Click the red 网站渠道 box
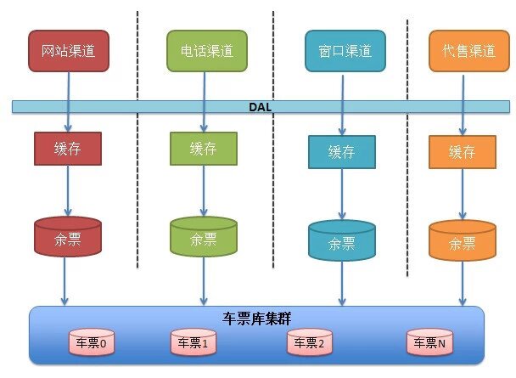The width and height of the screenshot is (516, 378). [x=68, y=51]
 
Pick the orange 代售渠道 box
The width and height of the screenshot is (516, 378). [x=462, y=51]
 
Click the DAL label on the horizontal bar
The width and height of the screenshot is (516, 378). [x=258, y=107]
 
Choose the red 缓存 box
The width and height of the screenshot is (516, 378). [x=68, y=148]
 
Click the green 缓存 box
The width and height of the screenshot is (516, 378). [x=204, y=148]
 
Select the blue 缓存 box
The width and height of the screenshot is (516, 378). [x=342, y=153]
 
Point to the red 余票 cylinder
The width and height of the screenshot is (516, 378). [x=68, y=237]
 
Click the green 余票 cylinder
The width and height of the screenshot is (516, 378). [x=204, y=237]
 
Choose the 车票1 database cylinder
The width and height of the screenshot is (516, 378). [x=194, y=342]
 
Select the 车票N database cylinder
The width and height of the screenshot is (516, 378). [x=429, y=342]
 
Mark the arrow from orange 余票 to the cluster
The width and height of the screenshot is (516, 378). [x=462, y=282]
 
